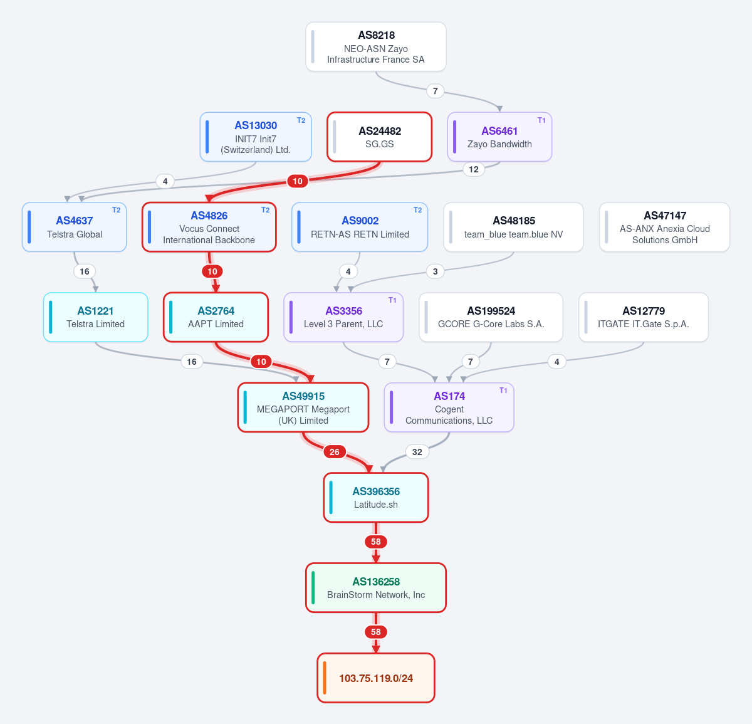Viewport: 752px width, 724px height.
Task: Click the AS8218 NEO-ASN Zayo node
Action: click(x=375, y=47)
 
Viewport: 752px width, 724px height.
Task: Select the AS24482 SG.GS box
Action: click(x=379, y=137)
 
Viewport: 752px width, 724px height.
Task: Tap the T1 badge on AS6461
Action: click(x=541, y=120)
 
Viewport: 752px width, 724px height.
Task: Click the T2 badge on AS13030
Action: click(x=301, y=120)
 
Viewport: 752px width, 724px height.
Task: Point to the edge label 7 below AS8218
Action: click(x=435, y=91)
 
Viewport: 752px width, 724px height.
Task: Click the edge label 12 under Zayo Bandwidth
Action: click(x=473, y=169)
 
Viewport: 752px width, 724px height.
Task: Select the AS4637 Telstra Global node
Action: click(x=74, y=227)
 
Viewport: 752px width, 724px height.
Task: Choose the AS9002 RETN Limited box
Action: click(x=359, y=227)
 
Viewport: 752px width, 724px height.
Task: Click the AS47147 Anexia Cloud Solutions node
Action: click(x=664, y=227)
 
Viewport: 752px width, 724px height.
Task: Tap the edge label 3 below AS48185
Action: click(x=435, y=271)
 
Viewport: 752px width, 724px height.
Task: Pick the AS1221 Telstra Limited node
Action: click(x=95, y=317)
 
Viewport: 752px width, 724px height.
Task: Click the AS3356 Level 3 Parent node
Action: click(x=343, y=317)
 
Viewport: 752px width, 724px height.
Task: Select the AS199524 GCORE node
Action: click(x=491, y=317)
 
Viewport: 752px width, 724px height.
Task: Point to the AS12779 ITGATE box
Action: click(x=644, y=317)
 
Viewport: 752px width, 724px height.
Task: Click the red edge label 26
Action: click(x=334, y=452)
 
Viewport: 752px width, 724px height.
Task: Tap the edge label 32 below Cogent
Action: click(x=417, y=452)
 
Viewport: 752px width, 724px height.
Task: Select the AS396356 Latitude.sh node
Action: click(x=375, y=498)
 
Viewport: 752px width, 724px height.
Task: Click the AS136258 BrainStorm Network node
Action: click(x=375, y=587)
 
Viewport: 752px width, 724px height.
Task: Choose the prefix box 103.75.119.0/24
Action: click(x=375, y=678)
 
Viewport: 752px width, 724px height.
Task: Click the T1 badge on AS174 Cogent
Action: click(x=503, y=391)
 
